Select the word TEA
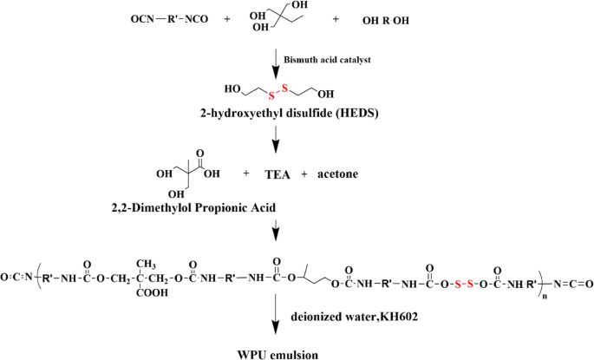coord(279,174)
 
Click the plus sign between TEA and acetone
coord(305,174)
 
